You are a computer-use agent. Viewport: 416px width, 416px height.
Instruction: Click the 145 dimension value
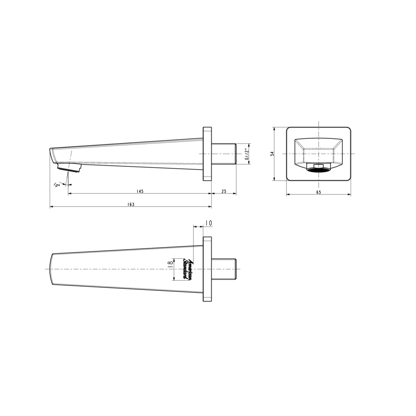[x=140, y=191]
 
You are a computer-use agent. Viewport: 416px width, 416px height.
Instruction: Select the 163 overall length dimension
[x=131, y=204]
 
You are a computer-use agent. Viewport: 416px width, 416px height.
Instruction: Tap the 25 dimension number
[x=224, y=191]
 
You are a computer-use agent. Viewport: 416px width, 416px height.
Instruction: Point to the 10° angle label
[x=57, y=185]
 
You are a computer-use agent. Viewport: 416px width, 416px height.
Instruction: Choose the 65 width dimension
[x=319, y=192]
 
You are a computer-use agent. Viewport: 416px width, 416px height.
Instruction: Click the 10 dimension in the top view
[x=209, y=223]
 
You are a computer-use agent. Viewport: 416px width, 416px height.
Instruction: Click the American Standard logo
[x=188, y=269]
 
